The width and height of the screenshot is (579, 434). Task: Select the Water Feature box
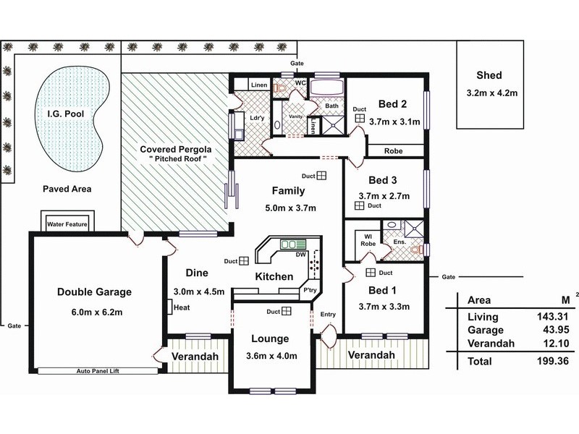click(67, 224)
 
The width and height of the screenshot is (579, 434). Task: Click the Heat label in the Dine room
click(182, 308)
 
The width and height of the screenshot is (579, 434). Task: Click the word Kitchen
click(274, 276)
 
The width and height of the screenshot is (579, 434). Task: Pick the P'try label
click(310, 290)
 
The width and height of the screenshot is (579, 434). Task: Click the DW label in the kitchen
click(301, 253)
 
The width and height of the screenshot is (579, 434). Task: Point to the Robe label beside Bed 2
click(394, 151)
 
